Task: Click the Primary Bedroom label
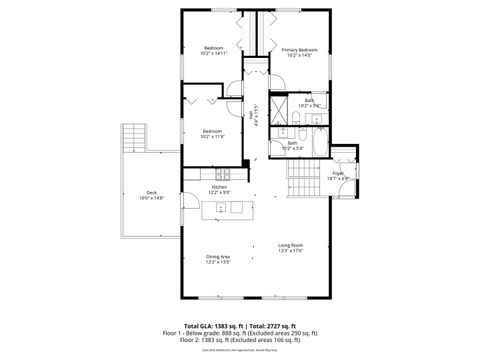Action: (x=299, y=48)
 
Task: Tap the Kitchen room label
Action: (x=219, y=187)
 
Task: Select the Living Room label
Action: (x=290, y=245)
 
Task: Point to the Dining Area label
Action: (x=219, y=258)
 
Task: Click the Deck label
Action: (x=151, y=193)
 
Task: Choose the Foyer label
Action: (x=338, y=173)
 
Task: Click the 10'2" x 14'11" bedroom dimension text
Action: (x=213, y=54)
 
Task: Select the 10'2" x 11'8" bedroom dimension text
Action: (x=212, y=136)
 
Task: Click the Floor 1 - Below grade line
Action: (x=239, y=335)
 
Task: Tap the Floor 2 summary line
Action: (x=239, y=342)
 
